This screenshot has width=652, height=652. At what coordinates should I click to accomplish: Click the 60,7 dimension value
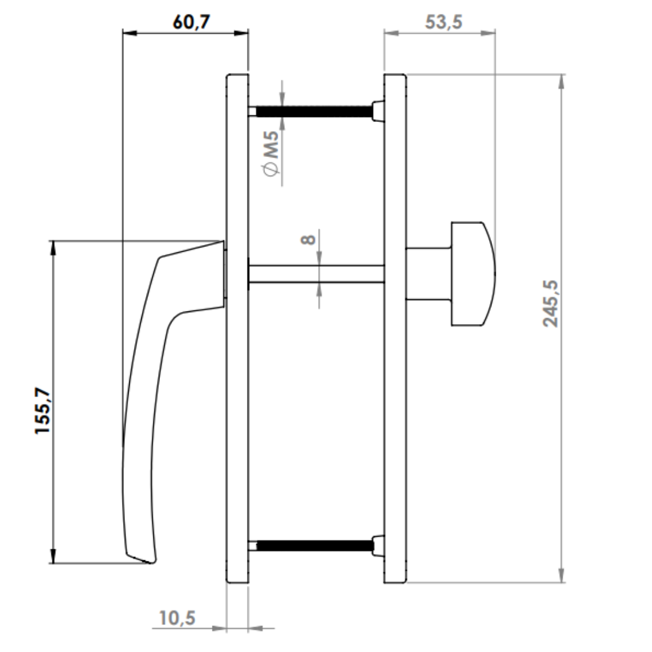191,22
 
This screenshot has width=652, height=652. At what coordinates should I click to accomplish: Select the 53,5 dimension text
443,22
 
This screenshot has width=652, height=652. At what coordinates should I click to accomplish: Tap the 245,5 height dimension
551,304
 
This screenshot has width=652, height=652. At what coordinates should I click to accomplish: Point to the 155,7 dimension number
43,411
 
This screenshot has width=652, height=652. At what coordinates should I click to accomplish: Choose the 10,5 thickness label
177,618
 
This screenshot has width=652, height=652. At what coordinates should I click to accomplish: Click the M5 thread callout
270,144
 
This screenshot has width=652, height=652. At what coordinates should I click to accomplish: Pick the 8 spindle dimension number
308,240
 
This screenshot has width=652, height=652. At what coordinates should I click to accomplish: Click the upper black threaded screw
315,112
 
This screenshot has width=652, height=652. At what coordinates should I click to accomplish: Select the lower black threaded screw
315,546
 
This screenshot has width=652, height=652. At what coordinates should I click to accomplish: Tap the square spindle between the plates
316,273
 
